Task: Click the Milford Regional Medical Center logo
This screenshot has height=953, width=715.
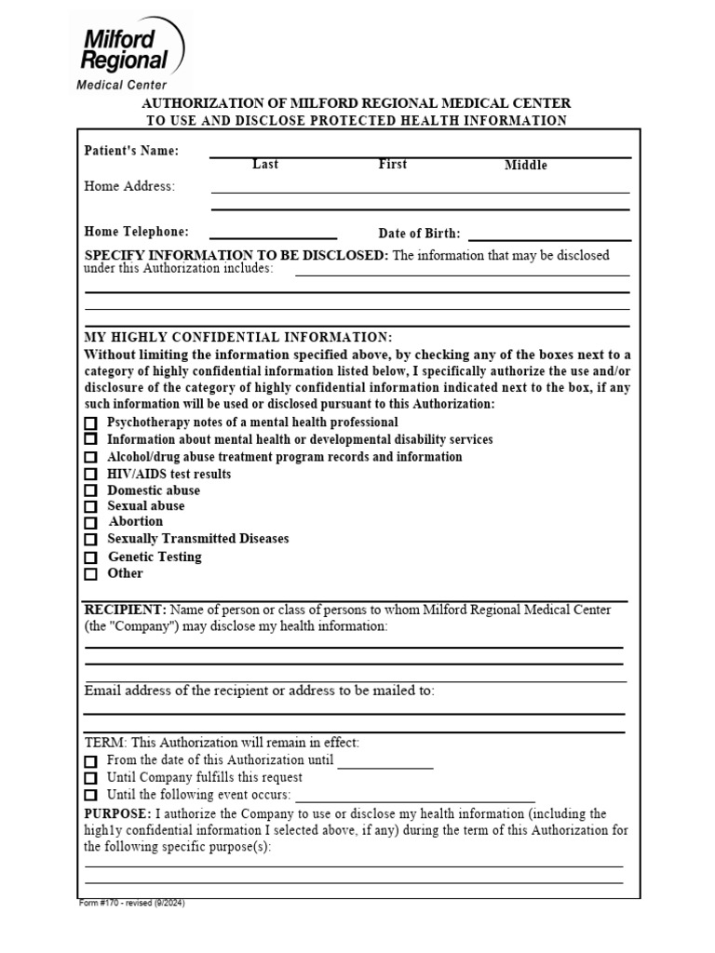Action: tap(129, 52)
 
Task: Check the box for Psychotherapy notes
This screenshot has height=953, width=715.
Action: tap(90, 423)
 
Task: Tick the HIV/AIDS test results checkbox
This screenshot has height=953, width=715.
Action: tap(90, 475)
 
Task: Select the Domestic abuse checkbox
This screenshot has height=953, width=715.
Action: tap(90, 490)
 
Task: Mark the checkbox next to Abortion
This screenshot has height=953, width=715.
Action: tap(90, 523)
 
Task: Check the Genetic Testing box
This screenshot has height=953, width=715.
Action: tap(90, 557)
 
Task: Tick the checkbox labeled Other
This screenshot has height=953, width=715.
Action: tap(90, 574)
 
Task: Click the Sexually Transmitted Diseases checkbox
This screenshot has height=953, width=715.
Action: tap(90, 540)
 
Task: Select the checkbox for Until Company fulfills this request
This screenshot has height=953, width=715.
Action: tap(90, 778)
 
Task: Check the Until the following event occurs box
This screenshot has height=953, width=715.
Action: tap(90, 796)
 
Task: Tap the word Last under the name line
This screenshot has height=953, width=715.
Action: tap(265, 165)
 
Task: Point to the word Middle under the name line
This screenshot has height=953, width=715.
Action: tap(526, 166)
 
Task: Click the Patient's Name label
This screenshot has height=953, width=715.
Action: tap(131, 151)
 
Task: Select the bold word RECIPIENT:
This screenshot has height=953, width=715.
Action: tap(126, 610)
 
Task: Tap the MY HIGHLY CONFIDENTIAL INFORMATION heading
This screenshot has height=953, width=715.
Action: tap(238, 337)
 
